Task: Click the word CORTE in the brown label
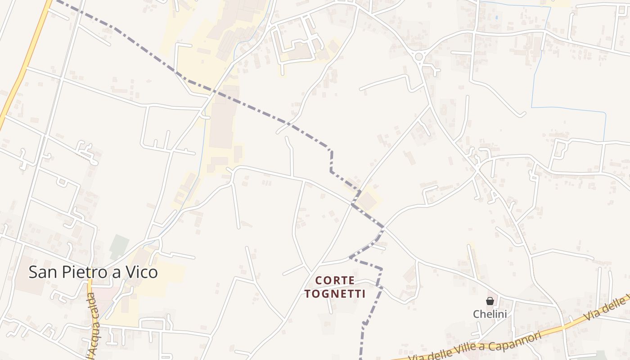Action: click(335, 280)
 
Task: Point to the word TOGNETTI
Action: click(335, 294)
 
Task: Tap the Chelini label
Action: click(490, 314)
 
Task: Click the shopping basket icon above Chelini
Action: click(490, 301)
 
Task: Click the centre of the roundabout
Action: click(419, 57)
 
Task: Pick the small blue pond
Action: click(496, 18)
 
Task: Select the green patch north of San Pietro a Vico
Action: click(119, 245)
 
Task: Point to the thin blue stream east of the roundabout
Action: click(540, 54)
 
